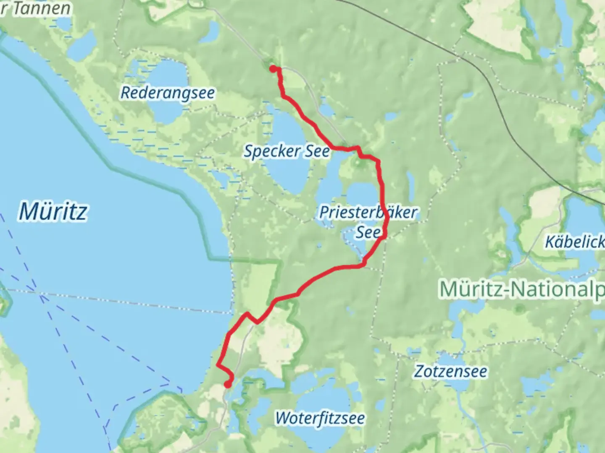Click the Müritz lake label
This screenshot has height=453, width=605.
pyautogui.click(x=53, y=211)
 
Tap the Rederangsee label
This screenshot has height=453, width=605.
pyautogui.click(x=167, y=93)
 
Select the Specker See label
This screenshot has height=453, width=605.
pyautogui.click(x=287, y=151)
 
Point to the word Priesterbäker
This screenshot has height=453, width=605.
pyautogui.click(x=368, y=212)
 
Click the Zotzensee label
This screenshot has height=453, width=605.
pyautogui.click(x=451, y=372)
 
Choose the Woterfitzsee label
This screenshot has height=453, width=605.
pyautogui.click(x=320, y=418)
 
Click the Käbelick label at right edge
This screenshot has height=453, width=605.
pyautogui.click(x=574, y=242)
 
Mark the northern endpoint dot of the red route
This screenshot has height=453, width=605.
pyautogui.click(x=273, y=68)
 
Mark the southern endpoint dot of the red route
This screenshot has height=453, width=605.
pyautogui.click(x=227, y=384)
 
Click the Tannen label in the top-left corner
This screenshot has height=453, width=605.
pyautogui.click(x=40, y=8)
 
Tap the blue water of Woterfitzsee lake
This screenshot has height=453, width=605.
pyautogui.click(x=319, y=398)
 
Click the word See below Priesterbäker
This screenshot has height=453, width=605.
pyautogui.click(x=368, y=232)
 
